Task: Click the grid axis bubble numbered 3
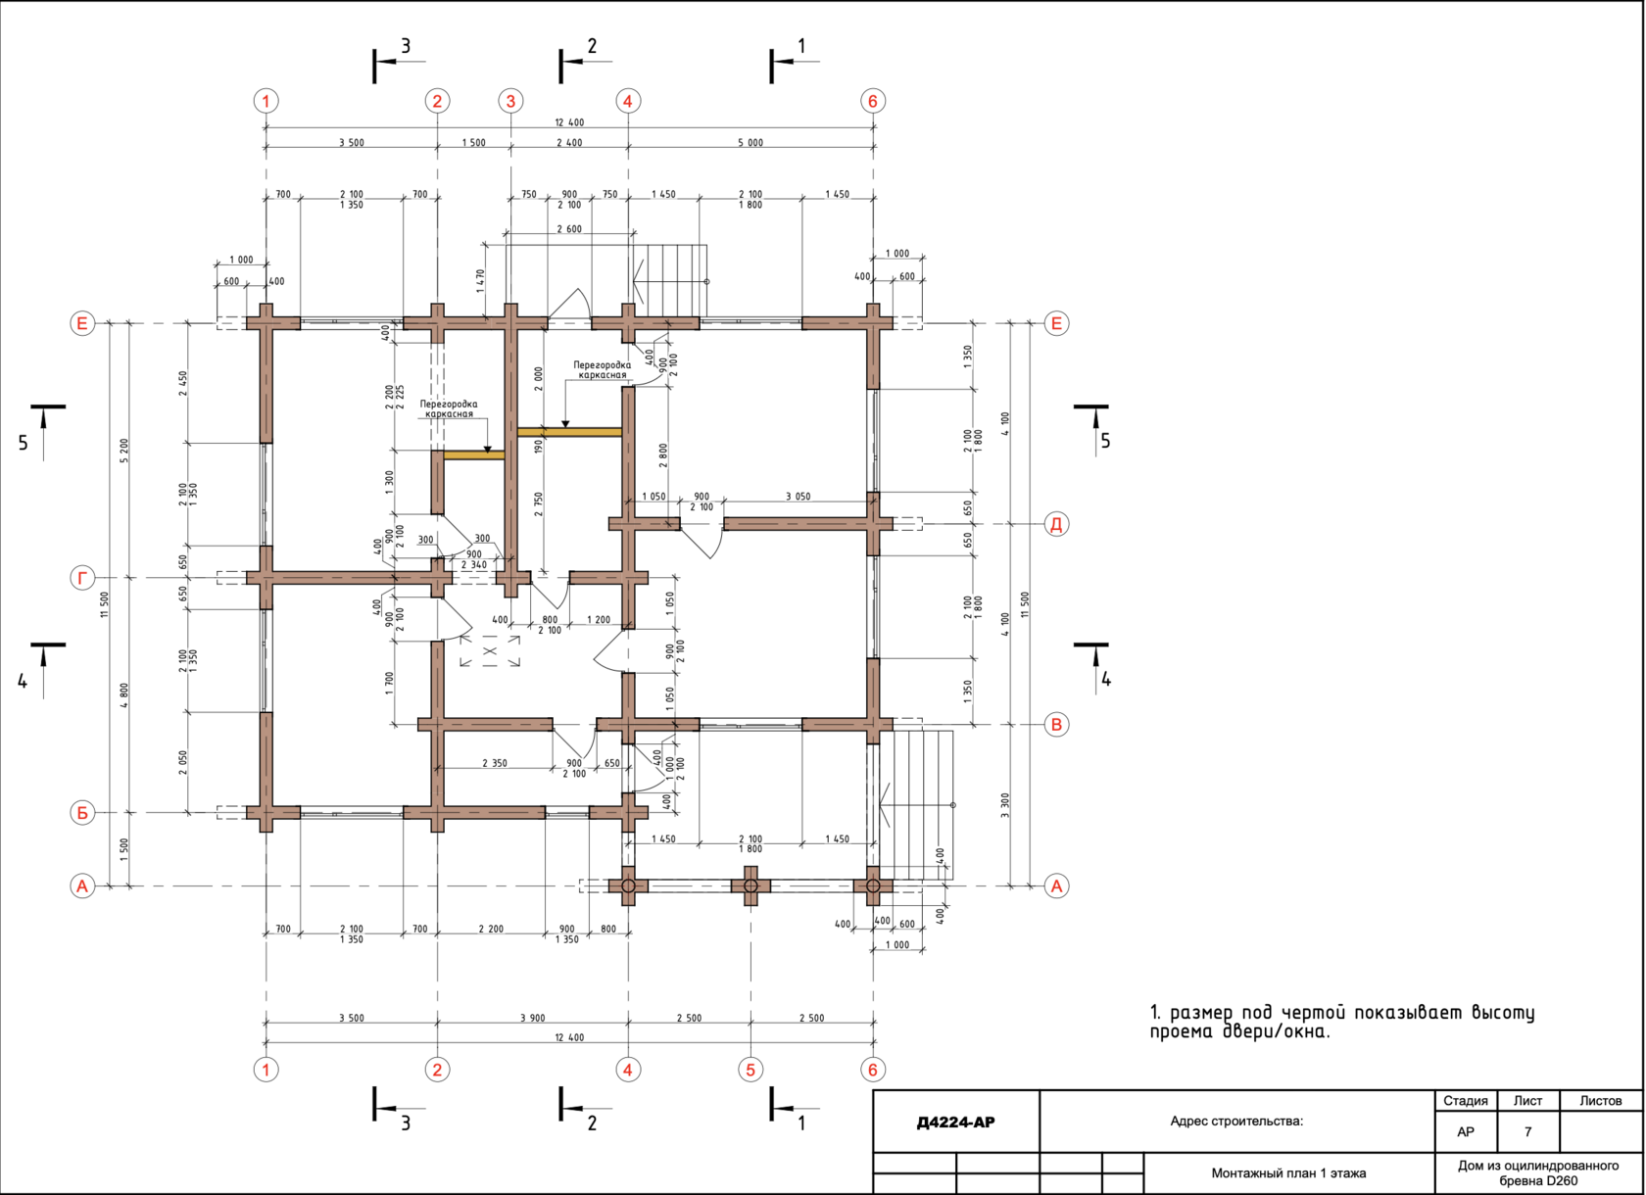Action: point(510,101)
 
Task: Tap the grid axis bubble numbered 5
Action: point(750,1070)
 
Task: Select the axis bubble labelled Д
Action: point(1056,524)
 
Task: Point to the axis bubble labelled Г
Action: point(82,578)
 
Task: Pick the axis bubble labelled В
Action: point(1056,724)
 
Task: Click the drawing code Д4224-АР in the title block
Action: point(955,1122)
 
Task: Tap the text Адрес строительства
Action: point(1236,1121)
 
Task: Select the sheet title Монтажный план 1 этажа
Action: point(1289,1173)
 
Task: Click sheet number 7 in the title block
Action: point(1527,1132)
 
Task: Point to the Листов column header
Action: point(1601,1100)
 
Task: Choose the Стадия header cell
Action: point(1466,1100)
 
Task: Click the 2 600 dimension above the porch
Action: point(569,229)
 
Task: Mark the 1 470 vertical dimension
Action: point(480,280)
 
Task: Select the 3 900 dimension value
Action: point(533,1018)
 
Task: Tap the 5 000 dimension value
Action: point(750,142)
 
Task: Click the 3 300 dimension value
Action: point(1005,805)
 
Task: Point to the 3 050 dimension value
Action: point(798,497)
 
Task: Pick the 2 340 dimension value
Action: point(474,565)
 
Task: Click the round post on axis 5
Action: point(750,885)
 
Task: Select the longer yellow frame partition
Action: point(569,432)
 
